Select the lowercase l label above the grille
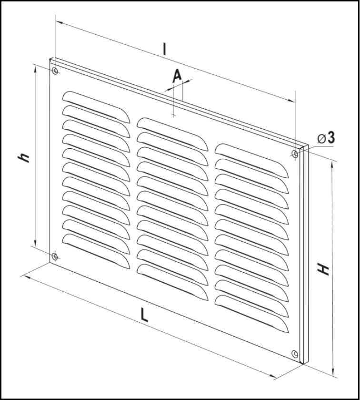coord(164,49)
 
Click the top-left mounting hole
coord(55,72)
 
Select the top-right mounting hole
coord(295,154)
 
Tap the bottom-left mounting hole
coord(55,256)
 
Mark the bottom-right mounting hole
coord(295,353)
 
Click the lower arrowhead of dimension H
coord(333,373)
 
